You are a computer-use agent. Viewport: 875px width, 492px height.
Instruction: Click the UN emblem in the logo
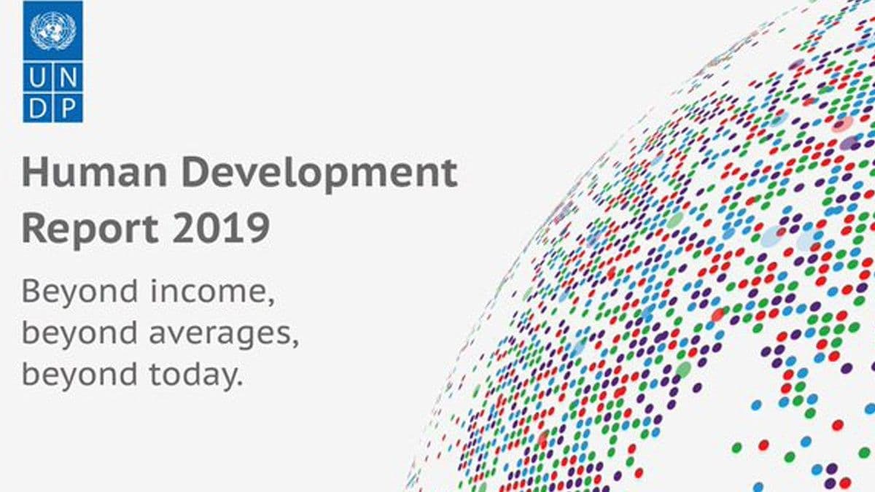52,31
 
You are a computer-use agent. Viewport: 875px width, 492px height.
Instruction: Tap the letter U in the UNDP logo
38,77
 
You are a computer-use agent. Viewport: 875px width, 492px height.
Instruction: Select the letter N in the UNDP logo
68,77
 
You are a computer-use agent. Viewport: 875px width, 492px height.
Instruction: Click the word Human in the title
95,172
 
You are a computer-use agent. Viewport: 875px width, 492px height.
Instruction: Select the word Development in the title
319,174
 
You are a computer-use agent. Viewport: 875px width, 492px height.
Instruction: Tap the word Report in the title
90,229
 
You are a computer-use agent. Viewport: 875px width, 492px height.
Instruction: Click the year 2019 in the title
221,227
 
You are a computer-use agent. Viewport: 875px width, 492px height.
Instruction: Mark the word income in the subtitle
209,292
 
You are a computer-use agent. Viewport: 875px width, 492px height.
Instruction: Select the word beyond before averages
79,335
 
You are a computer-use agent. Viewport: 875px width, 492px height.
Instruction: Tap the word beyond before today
79,375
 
